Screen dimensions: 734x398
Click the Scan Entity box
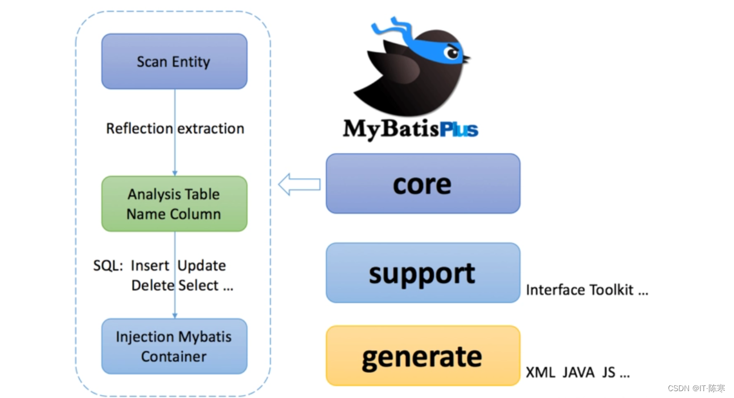point(174,61)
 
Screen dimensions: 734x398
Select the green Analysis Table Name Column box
point(174,204)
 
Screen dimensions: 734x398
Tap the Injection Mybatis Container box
point(174,346)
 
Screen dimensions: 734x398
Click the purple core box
point(423,183)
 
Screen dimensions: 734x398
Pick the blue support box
point(423,273)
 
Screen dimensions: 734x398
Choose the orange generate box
point(423,356)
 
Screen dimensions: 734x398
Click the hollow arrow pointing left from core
point(299,184)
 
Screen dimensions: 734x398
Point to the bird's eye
point(453,53)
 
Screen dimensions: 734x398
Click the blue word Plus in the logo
point(459,129)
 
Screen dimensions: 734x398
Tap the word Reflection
point(140,129)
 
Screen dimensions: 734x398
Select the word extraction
point(211,129)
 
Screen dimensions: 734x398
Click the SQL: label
point(108,265)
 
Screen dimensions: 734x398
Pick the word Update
point(202,266)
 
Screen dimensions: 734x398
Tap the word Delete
point(153,285)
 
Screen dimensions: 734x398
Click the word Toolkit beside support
point(612,290)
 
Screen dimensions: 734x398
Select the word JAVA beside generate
point(579,372)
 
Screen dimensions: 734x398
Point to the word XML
point(540,372)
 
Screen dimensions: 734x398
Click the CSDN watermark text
point(696,388)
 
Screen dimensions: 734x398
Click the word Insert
point(150,266)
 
